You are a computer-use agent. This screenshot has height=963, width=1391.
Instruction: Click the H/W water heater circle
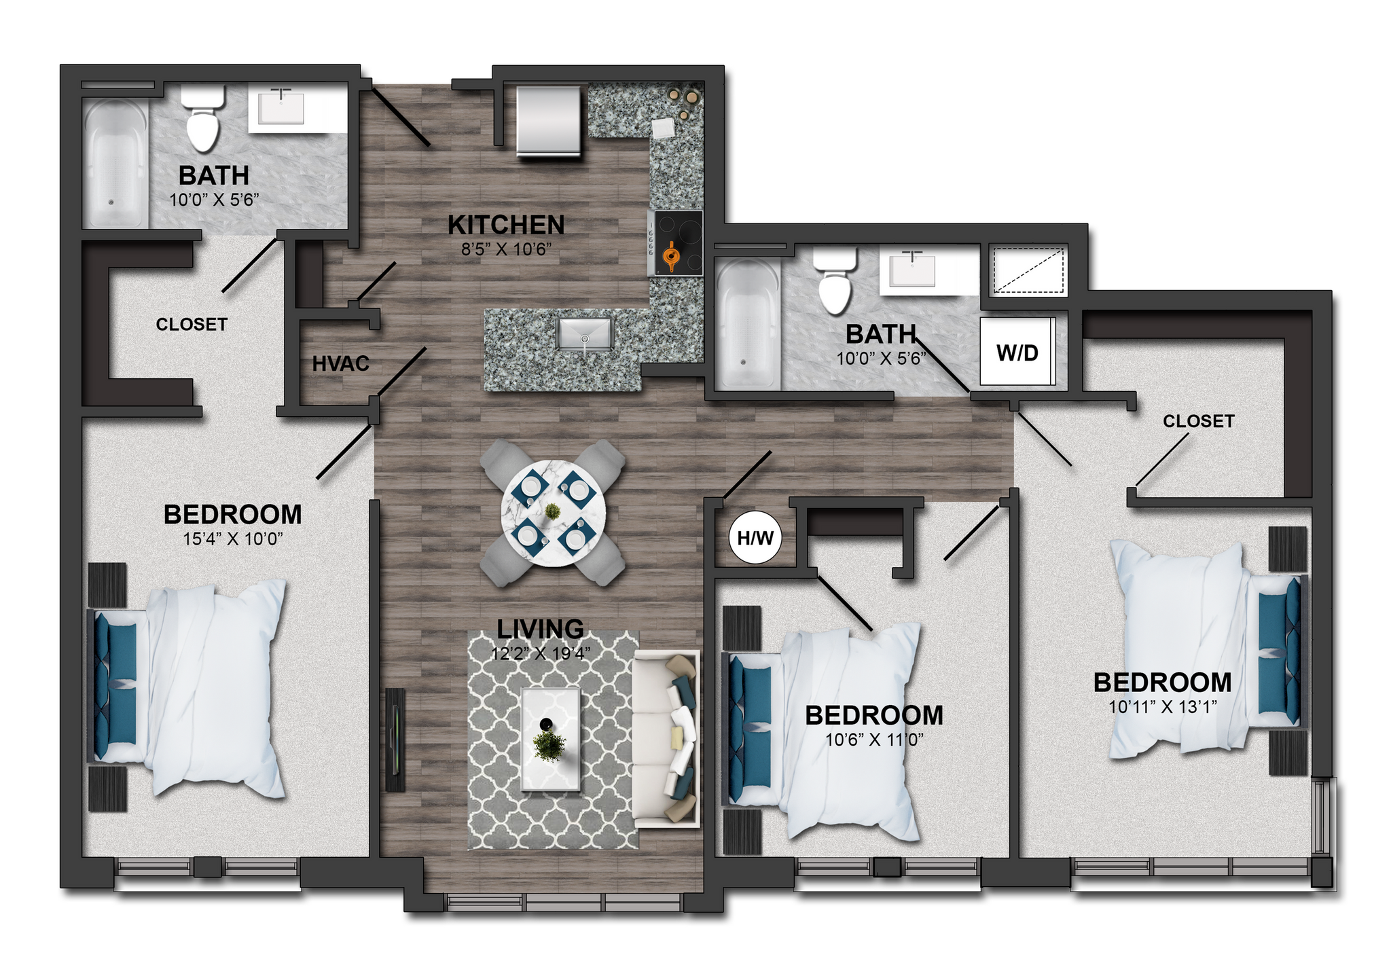point(755,539)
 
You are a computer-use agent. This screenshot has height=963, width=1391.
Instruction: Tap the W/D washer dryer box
point(1017,352)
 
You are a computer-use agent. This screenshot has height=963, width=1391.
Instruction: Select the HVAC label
point(340,364)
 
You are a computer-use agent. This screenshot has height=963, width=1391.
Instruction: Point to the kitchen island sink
point(585,334)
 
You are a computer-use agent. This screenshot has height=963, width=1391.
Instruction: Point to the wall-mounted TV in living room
point(395,739)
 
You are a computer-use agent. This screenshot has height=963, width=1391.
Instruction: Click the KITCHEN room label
point(506,225)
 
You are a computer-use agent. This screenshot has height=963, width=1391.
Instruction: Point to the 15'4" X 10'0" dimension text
point(233,539)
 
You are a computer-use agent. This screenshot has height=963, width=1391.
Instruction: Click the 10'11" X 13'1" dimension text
point(1162,707)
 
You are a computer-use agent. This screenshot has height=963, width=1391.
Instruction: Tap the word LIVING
point(540,629)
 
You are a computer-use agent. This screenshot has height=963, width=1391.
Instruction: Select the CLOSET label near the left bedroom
point(192,325)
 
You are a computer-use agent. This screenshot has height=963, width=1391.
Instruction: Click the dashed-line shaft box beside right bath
point(1028,270)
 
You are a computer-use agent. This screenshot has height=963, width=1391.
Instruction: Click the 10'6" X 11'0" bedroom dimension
point(874,740)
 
